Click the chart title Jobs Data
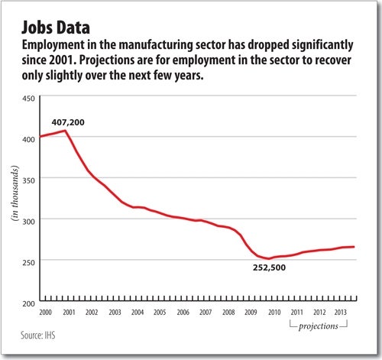[x=56, y=28]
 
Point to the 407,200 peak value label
[x=68, y=122]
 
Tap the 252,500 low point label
[x=269, y=268]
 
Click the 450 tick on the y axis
[x=28, y=99]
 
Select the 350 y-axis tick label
[x=28, y=180]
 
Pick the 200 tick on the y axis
[x=28, y=303]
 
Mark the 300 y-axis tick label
[x=28, y=222]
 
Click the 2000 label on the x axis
[x=46, y=313]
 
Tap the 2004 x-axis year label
[x=138, y=313]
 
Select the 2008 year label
[x=228, y=313]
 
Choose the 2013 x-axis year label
[x=341, y=313]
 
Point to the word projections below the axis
[x=319, y=326]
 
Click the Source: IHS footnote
[x=38, y=335]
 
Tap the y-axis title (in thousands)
[x=15, y=193]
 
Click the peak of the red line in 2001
[x=66, y=131]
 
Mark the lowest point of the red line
[x=268, y=258]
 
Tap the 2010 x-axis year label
[x=274, y=313]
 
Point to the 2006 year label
[x=183, y=313]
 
